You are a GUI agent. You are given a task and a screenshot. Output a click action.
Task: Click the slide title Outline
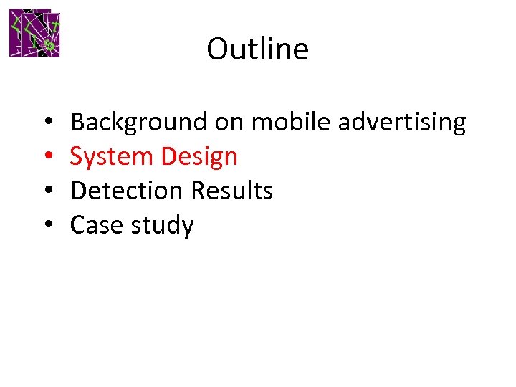[257, 49]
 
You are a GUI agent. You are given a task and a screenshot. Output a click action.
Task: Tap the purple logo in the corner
[34, 34]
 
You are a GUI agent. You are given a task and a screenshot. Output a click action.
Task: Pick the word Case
[97, 225]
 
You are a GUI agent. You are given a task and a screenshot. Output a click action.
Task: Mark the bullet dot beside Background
[46, 123]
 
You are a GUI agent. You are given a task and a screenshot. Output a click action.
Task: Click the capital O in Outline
[216, 49]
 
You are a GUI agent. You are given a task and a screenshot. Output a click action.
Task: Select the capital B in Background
[78, 122]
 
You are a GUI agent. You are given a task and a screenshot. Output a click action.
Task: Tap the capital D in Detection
[79, 191]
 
